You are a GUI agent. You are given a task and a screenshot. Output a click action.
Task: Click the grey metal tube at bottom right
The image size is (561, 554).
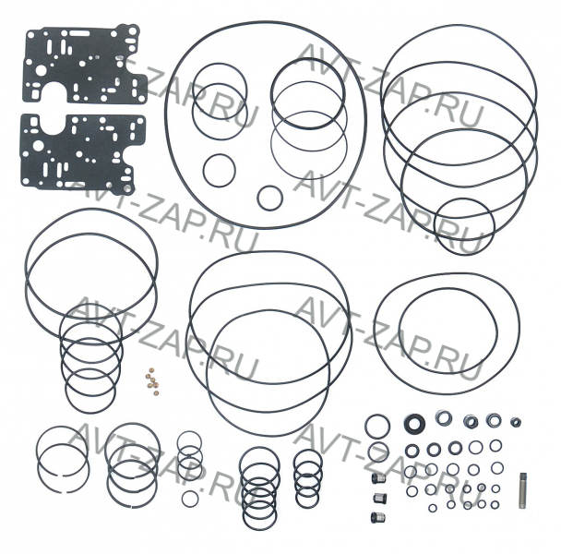point(523,490)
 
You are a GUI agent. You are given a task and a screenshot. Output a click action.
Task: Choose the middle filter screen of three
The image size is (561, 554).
point(378,498)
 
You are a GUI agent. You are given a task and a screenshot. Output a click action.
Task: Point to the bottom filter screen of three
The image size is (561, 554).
point(377,517)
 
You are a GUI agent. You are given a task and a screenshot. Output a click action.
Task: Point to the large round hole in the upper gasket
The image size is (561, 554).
point(41,70)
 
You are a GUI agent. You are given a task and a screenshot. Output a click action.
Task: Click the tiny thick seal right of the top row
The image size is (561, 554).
point(516,422)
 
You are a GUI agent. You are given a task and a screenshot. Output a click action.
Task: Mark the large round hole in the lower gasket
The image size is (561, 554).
point(38,145)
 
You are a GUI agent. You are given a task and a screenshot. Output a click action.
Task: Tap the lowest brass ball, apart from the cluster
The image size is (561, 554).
point(156,393)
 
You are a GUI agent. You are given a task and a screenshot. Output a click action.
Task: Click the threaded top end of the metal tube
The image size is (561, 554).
point(523,476)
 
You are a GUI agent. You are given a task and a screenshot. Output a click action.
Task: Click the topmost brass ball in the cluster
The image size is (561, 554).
point(151,369)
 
